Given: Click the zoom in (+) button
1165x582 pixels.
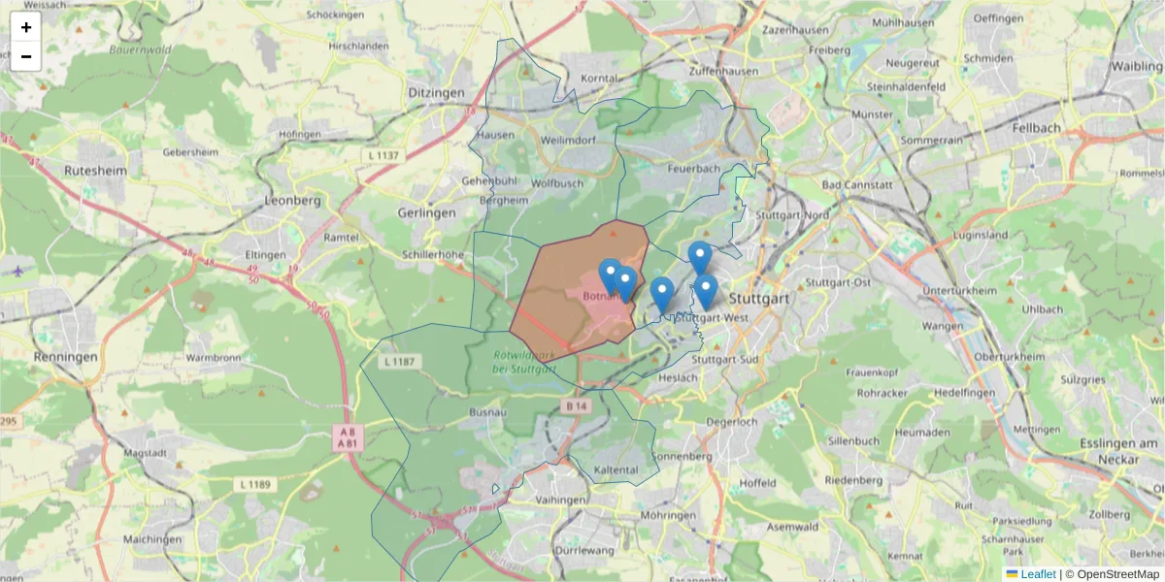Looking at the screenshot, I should (x=26, y=27).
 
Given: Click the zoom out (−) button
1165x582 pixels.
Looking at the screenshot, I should (x=26, y=56).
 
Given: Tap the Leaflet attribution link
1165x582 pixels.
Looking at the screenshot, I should (x=1038, y=574).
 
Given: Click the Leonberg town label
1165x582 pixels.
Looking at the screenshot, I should (x=292, y=201).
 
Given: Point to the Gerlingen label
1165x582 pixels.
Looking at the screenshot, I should (x=426, y=212).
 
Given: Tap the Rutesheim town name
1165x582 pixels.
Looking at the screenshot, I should (x=96, y=170).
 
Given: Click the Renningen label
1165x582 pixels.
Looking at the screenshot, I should (x=65, y=357).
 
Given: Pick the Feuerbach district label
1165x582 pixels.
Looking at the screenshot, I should (x=694, y=168).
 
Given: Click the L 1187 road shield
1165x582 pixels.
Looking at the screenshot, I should (x=399, y=362).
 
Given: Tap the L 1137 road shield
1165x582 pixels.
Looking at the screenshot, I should (x=384, y=155).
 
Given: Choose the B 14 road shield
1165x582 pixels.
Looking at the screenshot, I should (x=577, y=405).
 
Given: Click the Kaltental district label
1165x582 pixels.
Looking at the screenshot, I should (x=616, y=470).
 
